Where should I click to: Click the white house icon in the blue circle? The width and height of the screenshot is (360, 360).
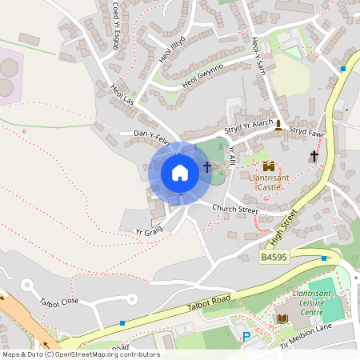[180, 173]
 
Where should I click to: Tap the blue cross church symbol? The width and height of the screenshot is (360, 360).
[207, 167]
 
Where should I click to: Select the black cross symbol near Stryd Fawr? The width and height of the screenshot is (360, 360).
[314, 156]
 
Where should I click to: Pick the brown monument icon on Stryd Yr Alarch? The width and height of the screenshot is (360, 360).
[278, 125]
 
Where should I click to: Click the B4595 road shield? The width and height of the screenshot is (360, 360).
[274, 258]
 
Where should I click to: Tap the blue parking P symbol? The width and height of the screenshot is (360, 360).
[246, 337]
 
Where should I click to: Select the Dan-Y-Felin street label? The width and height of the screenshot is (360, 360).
[152, 135]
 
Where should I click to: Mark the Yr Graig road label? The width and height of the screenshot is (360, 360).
[150, 230]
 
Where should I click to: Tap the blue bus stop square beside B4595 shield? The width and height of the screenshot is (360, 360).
[323, 258]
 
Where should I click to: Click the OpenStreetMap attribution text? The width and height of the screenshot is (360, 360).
[80, 354]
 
